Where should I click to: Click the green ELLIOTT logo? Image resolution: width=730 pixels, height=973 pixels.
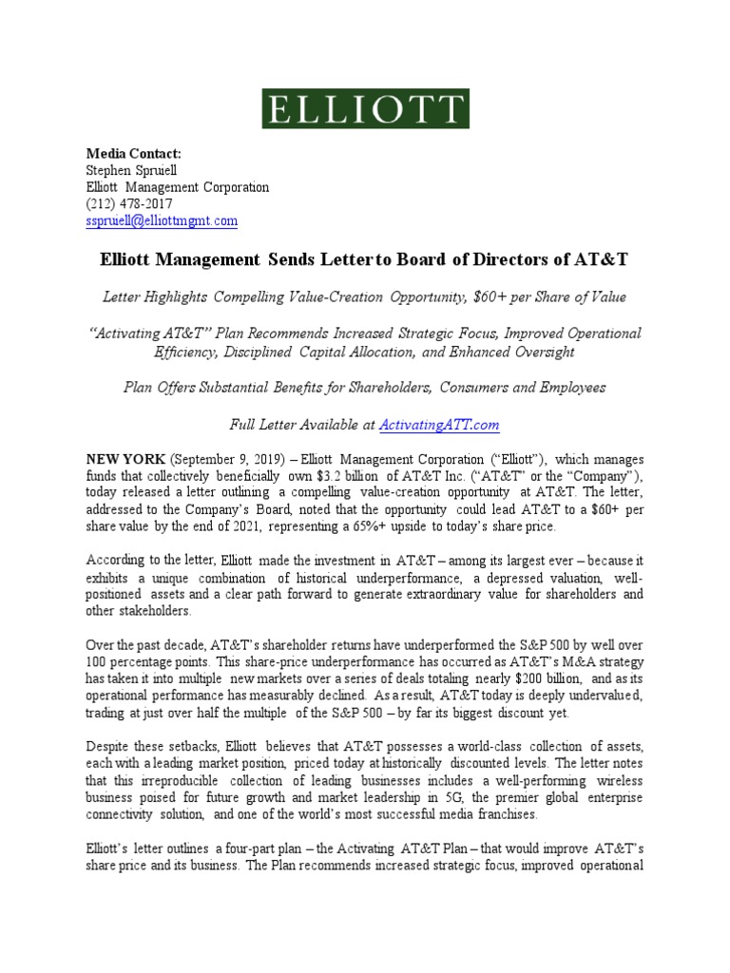pyautogui.click(x=366, y=108)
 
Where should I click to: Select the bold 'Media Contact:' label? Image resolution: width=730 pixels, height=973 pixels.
pyautogui.click(x=133, y=154)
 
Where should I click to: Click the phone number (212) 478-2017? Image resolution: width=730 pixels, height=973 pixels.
pyautogui.click(x=129, y=204)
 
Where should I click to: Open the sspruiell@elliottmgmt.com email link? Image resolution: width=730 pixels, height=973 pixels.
pyautogui.click(x=162, y=221)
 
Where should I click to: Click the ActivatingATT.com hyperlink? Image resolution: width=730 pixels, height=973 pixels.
pyautogui.click(x=439, y=425)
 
